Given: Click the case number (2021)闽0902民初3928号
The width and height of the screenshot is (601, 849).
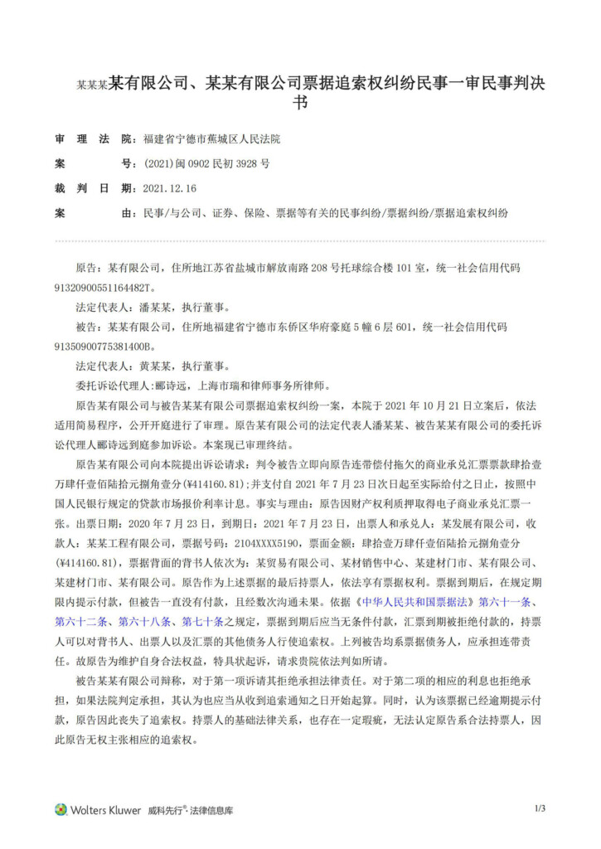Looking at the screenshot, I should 207,164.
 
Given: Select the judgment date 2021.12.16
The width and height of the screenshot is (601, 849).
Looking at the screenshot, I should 170,188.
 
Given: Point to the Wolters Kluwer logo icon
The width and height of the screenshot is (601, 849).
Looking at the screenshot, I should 61,809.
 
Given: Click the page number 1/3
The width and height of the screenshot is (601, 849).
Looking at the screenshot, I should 540,808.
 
